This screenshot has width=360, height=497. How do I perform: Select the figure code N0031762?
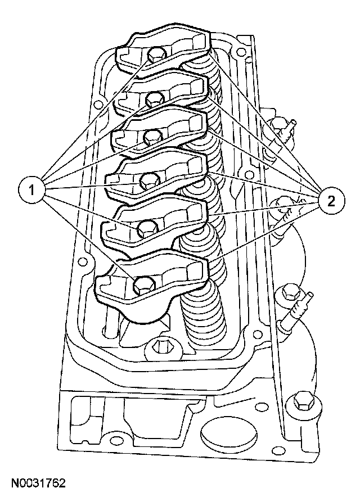tap(38, 483)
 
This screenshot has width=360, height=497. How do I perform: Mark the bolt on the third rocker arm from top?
tap(151, 135)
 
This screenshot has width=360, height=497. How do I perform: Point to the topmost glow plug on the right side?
tap(280, 126)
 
